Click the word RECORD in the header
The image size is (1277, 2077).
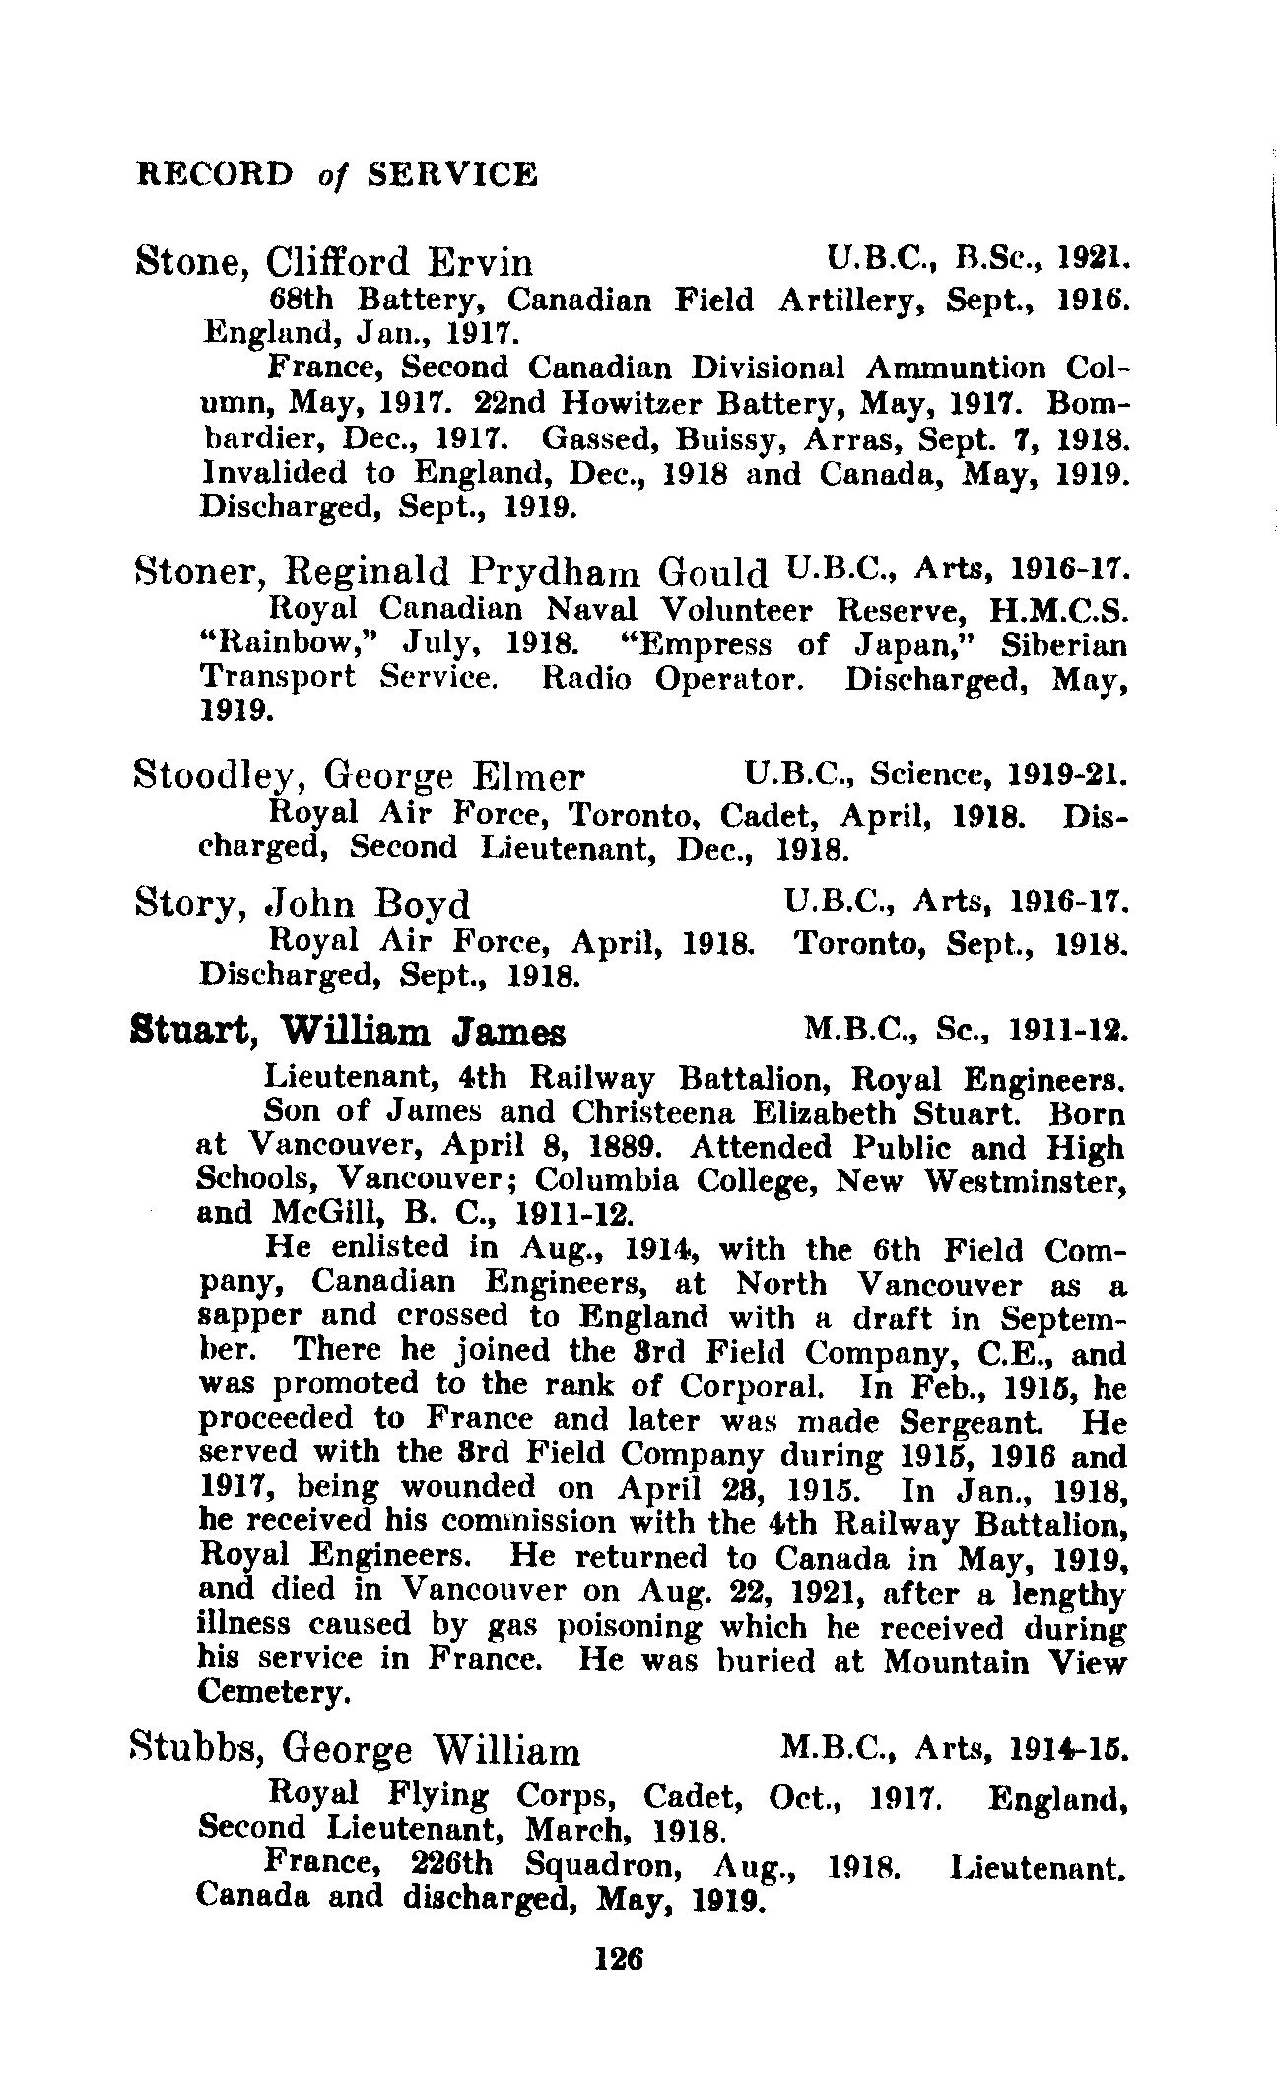pyautogui.click(x=216, y=174)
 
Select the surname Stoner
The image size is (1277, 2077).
pyautogui.click(x=197, y=570)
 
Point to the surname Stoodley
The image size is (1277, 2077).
pyautogui.click(x=213, y=778)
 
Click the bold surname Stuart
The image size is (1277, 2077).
pyautogui.click(x=192, y=1034)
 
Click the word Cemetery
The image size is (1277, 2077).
pyautogui.click(x=273, y=1692)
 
